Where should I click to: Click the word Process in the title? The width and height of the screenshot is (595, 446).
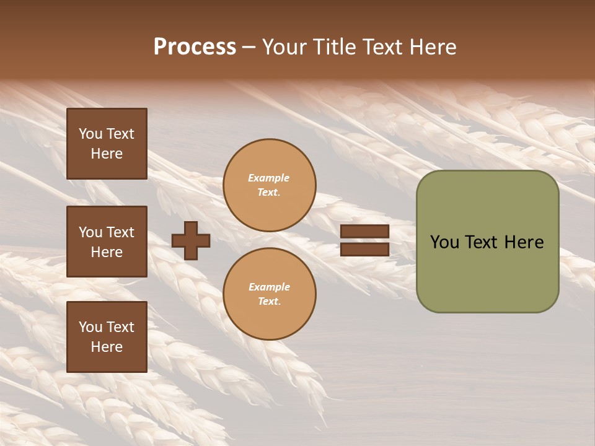tap(195, 47)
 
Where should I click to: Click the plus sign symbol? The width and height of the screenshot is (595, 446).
tap(191, 240)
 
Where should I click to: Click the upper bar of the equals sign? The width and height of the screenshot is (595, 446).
tap(364, 232)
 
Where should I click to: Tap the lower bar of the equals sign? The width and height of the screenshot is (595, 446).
tap(364, 249)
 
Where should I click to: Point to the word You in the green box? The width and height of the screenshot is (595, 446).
tap(444, 242)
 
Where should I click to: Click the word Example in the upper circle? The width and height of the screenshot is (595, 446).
tap(269, 178)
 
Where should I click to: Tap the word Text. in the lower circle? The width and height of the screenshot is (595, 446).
tap(269, 301)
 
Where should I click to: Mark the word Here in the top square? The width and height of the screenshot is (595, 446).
tap(107, 154)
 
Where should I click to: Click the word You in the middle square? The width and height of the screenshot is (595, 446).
tap(90, 232)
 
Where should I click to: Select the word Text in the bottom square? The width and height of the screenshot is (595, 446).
tap(120, 327)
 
